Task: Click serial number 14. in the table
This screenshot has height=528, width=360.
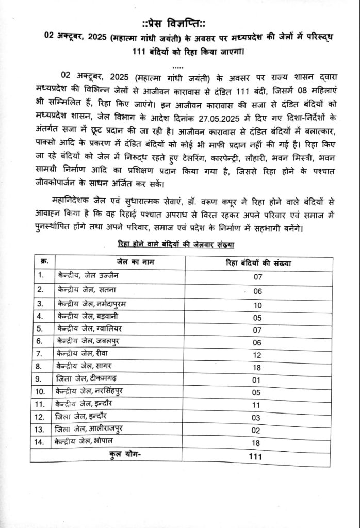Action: coord(41,442)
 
